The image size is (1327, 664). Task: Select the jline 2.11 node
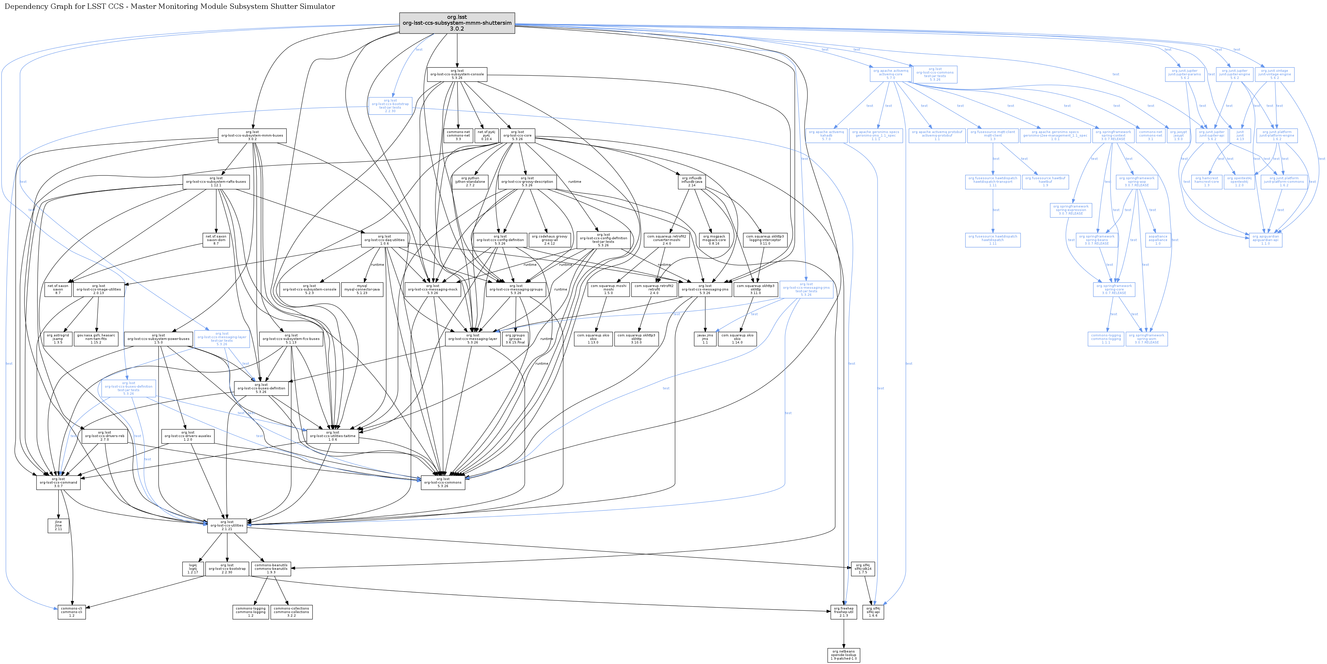point(58,525)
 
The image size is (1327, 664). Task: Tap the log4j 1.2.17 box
point(193,569)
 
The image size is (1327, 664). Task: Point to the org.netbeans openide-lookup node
point(844,655)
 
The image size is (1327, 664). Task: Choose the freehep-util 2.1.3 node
point(844,612)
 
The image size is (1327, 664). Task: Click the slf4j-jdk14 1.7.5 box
point(863,569)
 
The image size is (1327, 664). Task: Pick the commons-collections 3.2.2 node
point(291,612)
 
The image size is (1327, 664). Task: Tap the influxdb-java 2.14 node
point(691,182)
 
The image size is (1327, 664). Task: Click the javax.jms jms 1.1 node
point(705,338)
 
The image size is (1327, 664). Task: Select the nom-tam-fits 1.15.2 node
point(96,338)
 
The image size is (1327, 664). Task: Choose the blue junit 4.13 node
point(1240,135)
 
